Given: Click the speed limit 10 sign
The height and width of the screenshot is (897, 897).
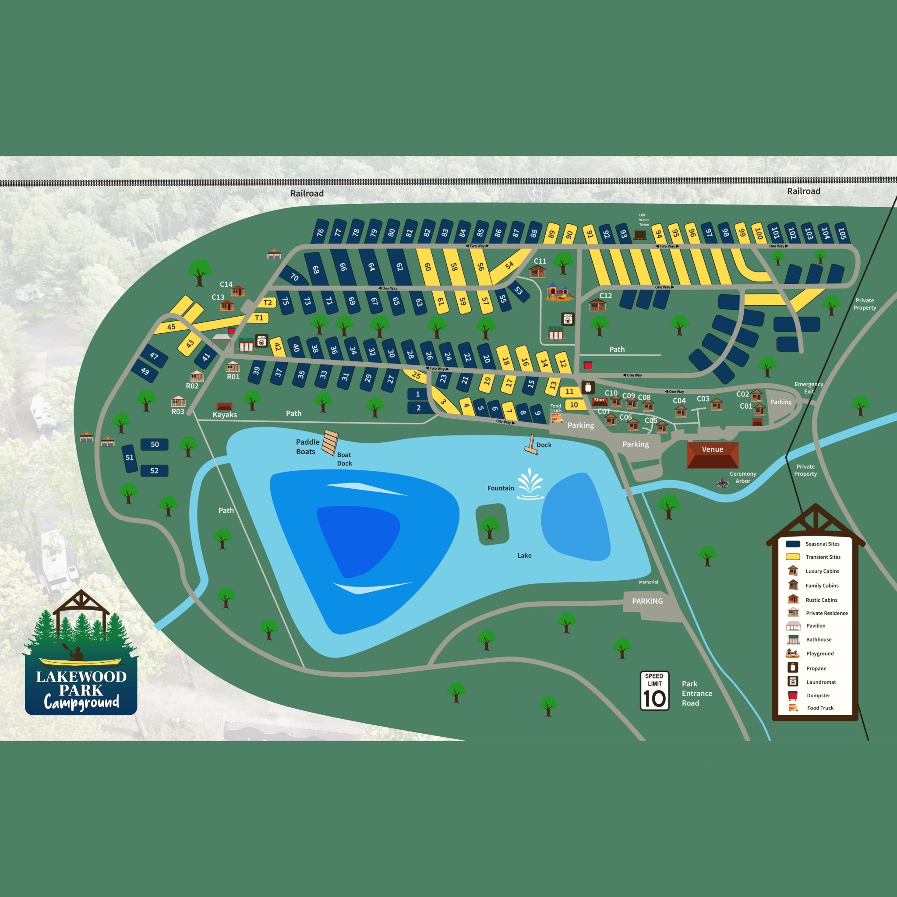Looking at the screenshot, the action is (654, 690).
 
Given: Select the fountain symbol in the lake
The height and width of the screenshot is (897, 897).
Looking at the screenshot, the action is (530, 484).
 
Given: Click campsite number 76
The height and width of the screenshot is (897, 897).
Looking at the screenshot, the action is (320, 232).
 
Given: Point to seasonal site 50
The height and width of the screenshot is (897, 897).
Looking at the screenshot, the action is (155, 444).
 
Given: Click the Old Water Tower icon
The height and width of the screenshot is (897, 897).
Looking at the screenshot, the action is (640, 234).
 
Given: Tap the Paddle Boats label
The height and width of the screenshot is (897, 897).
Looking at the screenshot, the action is (307, 447).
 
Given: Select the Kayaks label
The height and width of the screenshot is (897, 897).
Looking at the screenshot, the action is (225, 415).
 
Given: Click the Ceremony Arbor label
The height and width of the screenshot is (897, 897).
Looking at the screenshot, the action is (743, 477).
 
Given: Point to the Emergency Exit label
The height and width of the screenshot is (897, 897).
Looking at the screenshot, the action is (809, 388).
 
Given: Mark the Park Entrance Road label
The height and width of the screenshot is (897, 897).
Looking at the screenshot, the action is (696, 693).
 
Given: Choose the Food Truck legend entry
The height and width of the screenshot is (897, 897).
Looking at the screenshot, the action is (820, 708).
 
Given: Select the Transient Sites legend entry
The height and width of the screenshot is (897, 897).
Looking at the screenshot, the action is (823, 557).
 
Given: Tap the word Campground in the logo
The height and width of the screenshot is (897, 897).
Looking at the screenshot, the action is (81, 703).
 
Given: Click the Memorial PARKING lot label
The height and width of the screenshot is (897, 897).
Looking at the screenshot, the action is (647, 601).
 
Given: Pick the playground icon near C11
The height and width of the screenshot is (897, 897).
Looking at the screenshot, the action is (558, 292).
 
